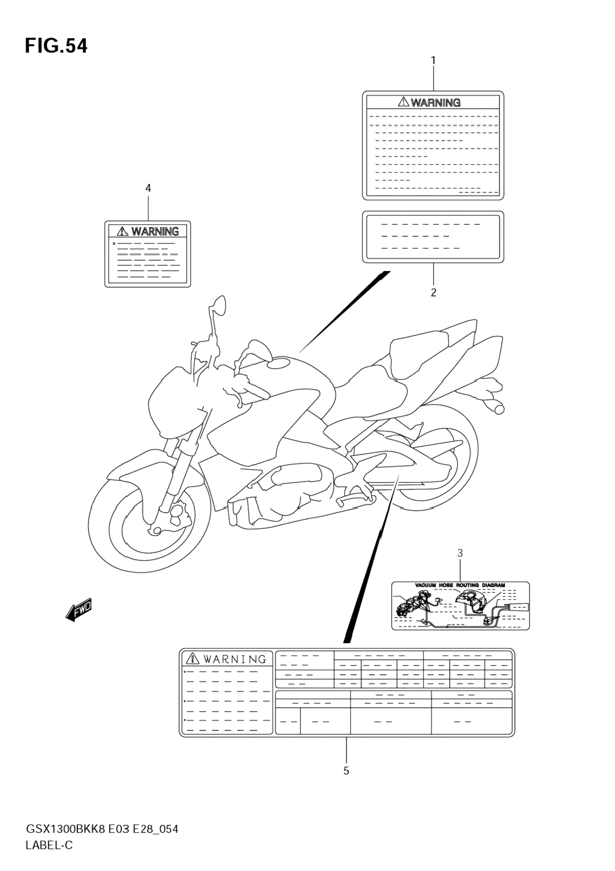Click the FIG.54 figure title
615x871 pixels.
(x=56, y=46)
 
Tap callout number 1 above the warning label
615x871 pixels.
(x=433, y=61)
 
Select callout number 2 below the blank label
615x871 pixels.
(x=433, y=292)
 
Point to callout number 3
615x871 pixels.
(x=460, y=553)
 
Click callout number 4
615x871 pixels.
(x=148, y=188)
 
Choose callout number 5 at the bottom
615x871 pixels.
(x=346, y=770)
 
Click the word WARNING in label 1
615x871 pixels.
(x=435, y=102)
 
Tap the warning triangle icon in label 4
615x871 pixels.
(x=122, y=231)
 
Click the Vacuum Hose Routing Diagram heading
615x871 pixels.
(x=460, y=585)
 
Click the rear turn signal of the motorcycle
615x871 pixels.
(x=495, y=407)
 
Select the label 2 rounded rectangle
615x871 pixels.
(x=433, y=237)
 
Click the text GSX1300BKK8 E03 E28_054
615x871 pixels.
(x=102, y=829)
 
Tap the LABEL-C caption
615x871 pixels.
(x=49, y=845)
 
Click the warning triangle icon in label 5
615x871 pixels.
(x=192, y=658)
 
